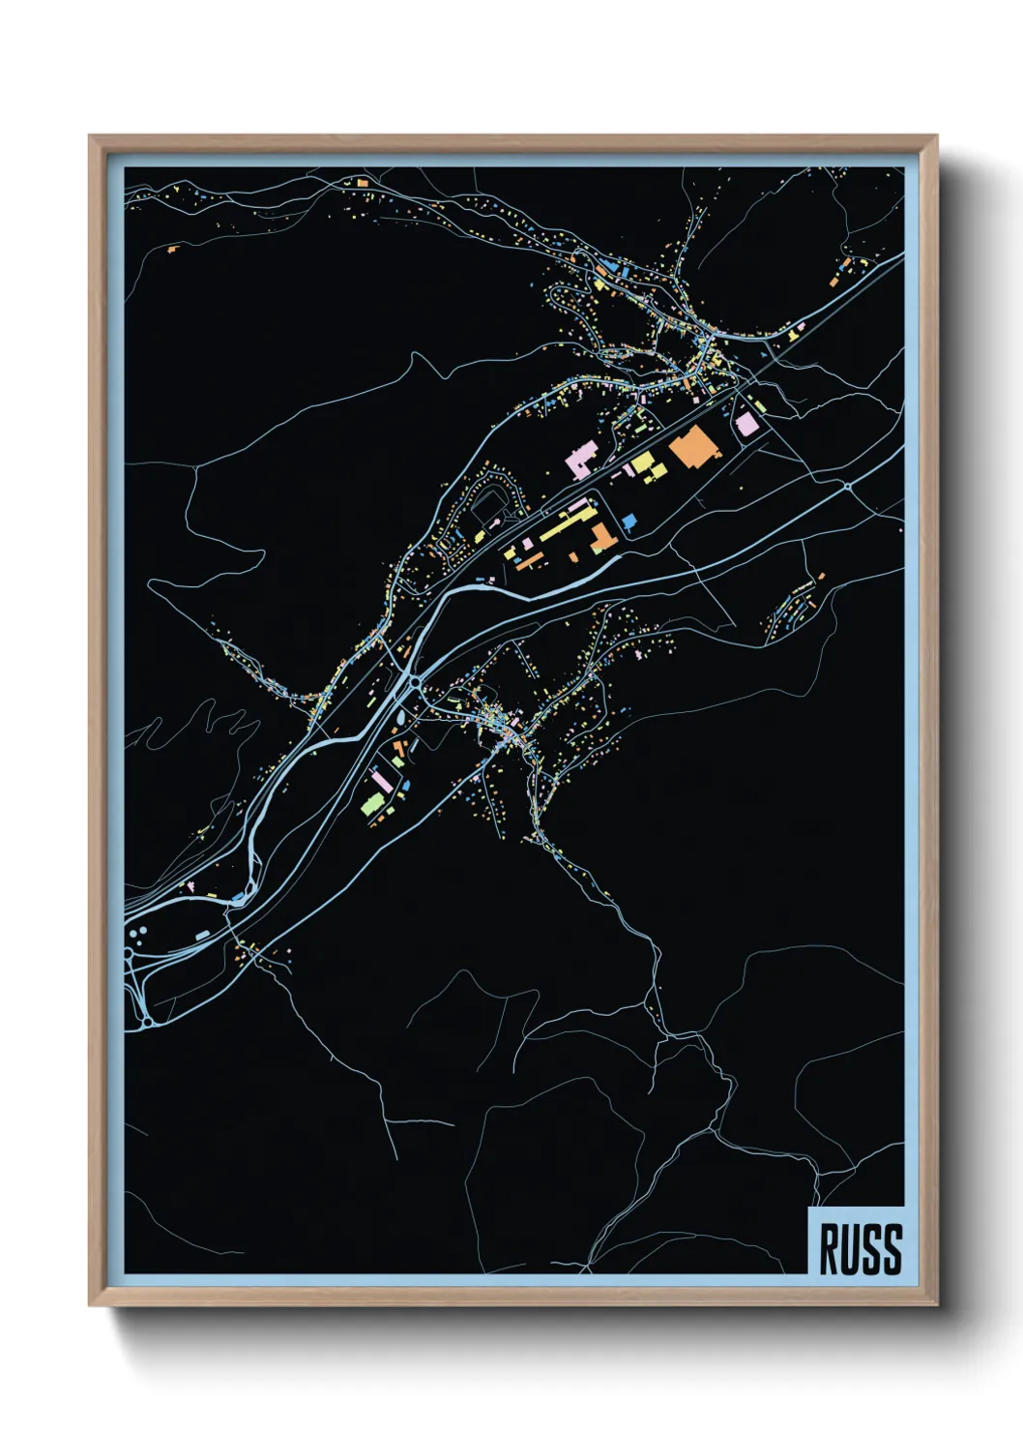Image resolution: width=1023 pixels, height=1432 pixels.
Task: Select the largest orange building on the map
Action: pos(694,447)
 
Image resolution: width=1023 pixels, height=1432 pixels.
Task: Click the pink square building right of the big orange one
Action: pos(746,424)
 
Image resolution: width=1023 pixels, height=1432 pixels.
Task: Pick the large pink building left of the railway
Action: pos(581,459)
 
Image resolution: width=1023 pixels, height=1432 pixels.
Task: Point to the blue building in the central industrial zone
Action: pos(629,522)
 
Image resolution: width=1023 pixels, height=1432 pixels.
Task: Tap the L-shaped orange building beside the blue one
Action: pos(602,538)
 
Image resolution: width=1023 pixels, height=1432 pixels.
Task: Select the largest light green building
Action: pos(372,803)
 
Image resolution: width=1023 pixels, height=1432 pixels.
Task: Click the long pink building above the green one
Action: pos(381,780)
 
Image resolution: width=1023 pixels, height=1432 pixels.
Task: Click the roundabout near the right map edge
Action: pos(849,487)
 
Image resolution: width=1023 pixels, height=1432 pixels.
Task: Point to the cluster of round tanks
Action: pos(138,935)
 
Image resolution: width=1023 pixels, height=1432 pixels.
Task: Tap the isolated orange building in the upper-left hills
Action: pos(172,250)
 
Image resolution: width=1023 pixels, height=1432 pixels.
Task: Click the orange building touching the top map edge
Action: pos(363,181)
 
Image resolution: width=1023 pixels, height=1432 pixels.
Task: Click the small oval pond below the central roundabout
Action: pos(402,718)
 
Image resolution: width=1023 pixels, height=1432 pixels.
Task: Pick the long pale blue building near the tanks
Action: pos(203,935)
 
